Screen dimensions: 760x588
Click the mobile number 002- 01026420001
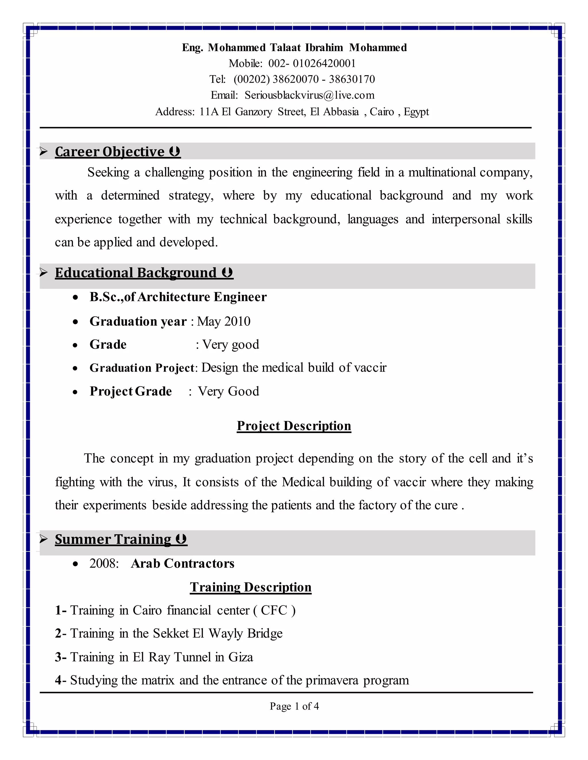pos(312,63)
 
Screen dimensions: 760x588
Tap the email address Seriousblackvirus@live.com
pos(309,95)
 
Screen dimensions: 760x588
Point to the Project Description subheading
pos(294,426)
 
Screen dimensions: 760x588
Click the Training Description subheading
pos(250,587)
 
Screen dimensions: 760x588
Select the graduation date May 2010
pos(224,321)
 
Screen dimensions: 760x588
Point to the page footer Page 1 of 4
pos(294,706)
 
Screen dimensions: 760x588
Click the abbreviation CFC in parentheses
pos(274,610)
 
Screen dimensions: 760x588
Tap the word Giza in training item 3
pos(240,657)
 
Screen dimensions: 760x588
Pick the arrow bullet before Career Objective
pos(44,151)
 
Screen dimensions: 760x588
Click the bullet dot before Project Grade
pos(75,392)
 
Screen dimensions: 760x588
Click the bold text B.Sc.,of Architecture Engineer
pos(178,297)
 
